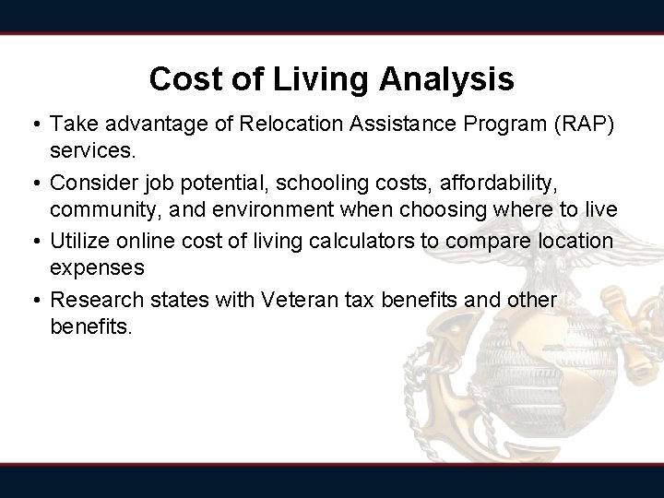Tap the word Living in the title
pos(318,80)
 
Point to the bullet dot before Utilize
pos(32,242)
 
